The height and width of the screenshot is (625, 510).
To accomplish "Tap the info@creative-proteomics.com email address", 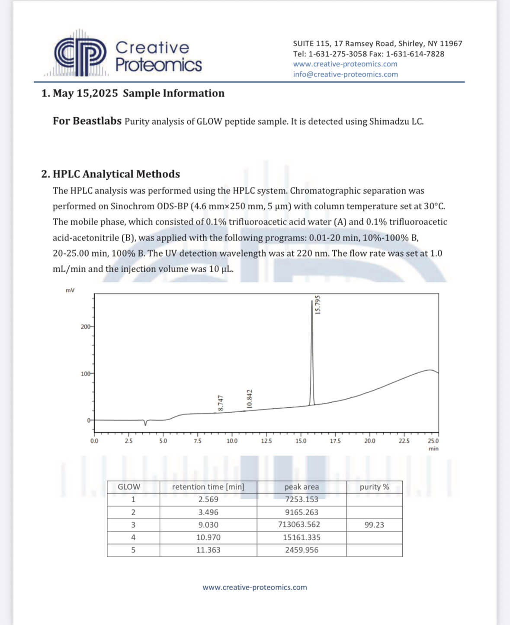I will tap(345, 74).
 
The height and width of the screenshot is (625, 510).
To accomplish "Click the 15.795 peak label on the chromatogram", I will tap(318, 304).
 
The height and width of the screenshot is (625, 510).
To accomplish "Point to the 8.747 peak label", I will tap(221, 403).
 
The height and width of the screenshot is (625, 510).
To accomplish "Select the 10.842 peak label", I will tap(249, 398).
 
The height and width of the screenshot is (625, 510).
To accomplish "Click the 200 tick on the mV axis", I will tap(86, 327).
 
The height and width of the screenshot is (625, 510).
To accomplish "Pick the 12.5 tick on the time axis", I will tap(266, 441).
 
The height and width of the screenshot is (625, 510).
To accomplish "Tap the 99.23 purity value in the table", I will tap(374, 525).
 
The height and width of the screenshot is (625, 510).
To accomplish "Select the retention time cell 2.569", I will tap(208, 499).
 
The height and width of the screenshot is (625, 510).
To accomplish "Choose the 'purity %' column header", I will tap(374, 487).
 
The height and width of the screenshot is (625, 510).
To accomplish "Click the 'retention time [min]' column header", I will tap(208, 487).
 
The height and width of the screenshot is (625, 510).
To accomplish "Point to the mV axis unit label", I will tap(70, 290).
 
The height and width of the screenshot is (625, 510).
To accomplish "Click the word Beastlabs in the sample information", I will tap(97, 121).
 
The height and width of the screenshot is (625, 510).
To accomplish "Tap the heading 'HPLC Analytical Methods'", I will tap(116, 174).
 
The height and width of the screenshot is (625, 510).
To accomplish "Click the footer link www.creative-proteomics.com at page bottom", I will tap(255, 587).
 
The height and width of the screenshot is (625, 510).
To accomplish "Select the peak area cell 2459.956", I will tap(302, 550).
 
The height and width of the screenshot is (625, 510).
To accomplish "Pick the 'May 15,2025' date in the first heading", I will tap(85, 93).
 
